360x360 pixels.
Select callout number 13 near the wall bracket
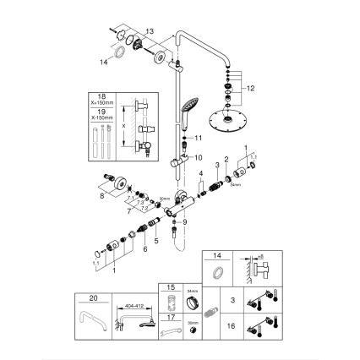click(x=151, y=30)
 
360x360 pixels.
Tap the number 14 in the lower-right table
click(x=215, y=254)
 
